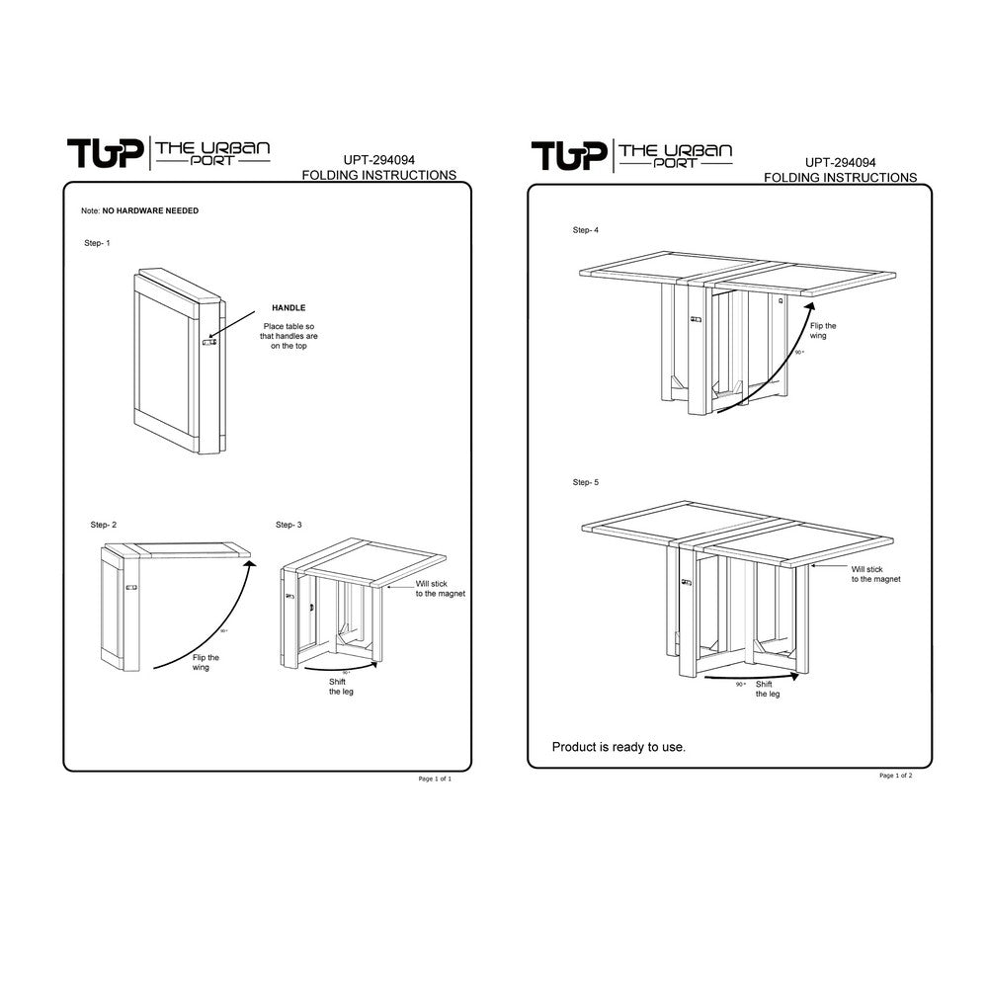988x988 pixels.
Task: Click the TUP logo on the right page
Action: (568, 155)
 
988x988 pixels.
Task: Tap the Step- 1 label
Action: (98, 242)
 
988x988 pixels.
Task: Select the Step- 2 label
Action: (103, 525)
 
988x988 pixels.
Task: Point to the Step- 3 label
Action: (289, 525)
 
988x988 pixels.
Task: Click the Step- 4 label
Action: (586, 230)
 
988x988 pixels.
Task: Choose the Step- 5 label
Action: (586, 482)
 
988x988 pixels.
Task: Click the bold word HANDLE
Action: (288, 309)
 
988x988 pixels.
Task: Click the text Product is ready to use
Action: (618, 747)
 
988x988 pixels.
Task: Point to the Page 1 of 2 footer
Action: (896, 776)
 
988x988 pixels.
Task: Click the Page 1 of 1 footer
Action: (435, 780)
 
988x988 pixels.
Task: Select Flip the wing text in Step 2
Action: (206, 662)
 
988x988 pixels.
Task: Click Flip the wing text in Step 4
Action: (823, 330)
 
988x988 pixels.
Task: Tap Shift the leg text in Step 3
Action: (340, 687)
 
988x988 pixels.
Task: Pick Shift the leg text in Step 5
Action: (768, 689)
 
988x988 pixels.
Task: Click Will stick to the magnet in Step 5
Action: (875, 574)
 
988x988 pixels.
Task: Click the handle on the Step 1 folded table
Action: (209, 342)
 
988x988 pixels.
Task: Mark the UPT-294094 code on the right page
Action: (840, 163)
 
